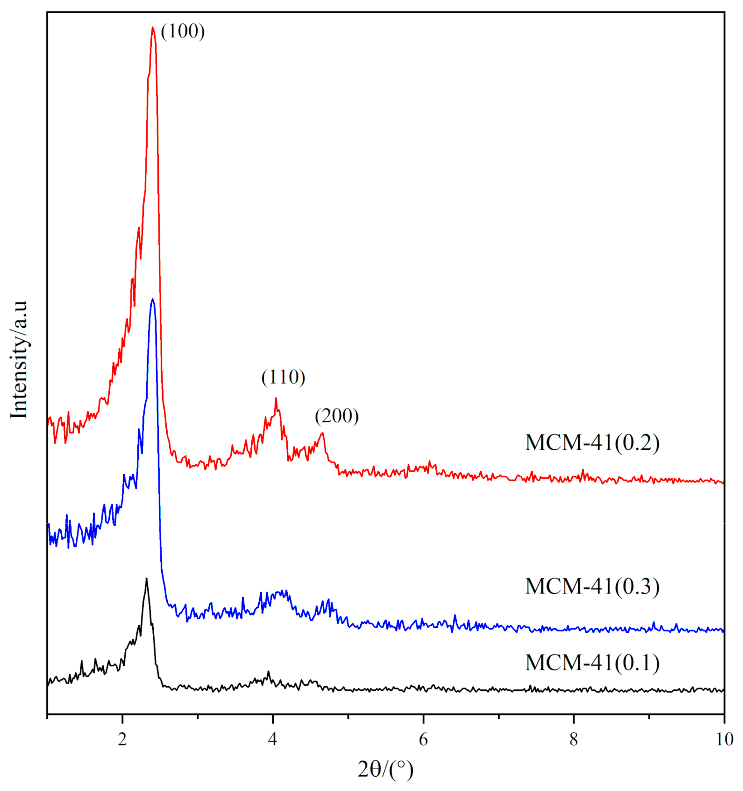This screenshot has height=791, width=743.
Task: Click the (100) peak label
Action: click(183, 31)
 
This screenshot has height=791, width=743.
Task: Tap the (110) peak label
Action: click(283, 377)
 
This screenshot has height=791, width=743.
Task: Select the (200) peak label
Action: click(336, 416)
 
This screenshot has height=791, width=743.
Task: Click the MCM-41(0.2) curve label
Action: click(592, 443)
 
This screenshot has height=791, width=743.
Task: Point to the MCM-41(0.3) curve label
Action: click(592, 586)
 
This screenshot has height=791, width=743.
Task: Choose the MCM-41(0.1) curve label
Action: click(592, 662)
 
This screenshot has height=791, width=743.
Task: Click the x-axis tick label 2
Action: click(122, 739)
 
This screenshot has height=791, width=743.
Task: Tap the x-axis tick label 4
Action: click(272, 739)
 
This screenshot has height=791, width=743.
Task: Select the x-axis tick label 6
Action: click(423, 739)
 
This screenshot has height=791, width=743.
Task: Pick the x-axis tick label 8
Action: click(573, 739)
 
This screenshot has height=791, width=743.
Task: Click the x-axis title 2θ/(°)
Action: click(385, 770)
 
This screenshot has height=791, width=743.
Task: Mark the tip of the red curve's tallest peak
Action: click(153, 27)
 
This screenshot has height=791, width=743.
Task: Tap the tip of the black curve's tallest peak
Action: click(146, 579)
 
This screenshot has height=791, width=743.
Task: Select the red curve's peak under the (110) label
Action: click(276, 398)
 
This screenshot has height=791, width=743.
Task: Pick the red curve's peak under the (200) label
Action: click(322, 433)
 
